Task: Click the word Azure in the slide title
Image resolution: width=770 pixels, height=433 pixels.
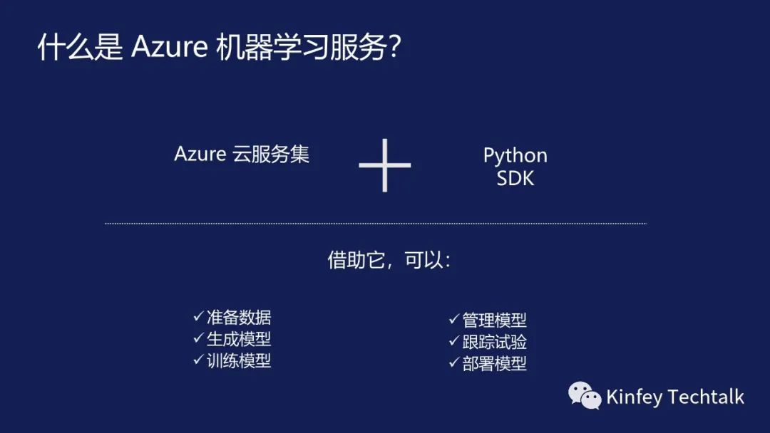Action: click(169, 47)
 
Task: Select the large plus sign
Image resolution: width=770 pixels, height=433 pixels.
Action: click(385, 166)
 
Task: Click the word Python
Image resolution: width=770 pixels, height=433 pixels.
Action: click(515, 155)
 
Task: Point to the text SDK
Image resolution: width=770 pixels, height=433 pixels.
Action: click(515, 178)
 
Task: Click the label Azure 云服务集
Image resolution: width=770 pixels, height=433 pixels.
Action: click(242, 155)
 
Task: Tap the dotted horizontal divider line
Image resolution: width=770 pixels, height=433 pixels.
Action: click(376, 224)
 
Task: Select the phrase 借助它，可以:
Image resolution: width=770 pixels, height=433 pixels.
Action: click(389, 260)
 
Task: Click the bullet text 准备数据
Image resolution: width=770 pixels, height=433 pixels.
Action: click(239, 318)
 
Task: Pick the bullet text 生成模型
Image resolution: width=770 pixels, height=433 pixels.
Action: click(239, 339)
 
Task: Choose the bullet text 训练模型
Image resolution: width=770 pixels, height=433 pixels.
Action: click(239, 360)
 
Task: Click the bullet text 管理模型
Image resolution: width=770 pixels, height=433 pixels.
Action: click(494, 320)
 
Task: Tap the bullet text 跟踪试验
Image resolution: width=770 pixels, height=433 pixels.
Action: click(494, 342)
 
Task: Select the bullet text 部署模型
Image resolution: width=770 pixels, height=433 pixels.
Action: click(494, 363)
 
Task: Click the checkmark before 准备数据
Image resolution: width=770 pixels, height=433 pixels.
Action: click(198, 317)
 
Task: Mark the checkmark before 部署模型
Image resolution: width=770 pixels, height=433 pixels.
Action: click(453, 362)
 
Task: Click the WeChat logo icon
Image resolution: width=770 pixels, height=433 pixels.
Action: click(585, 396)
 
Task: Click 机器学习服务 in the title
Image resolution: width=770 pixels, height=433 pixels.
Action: click(299, 47)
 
